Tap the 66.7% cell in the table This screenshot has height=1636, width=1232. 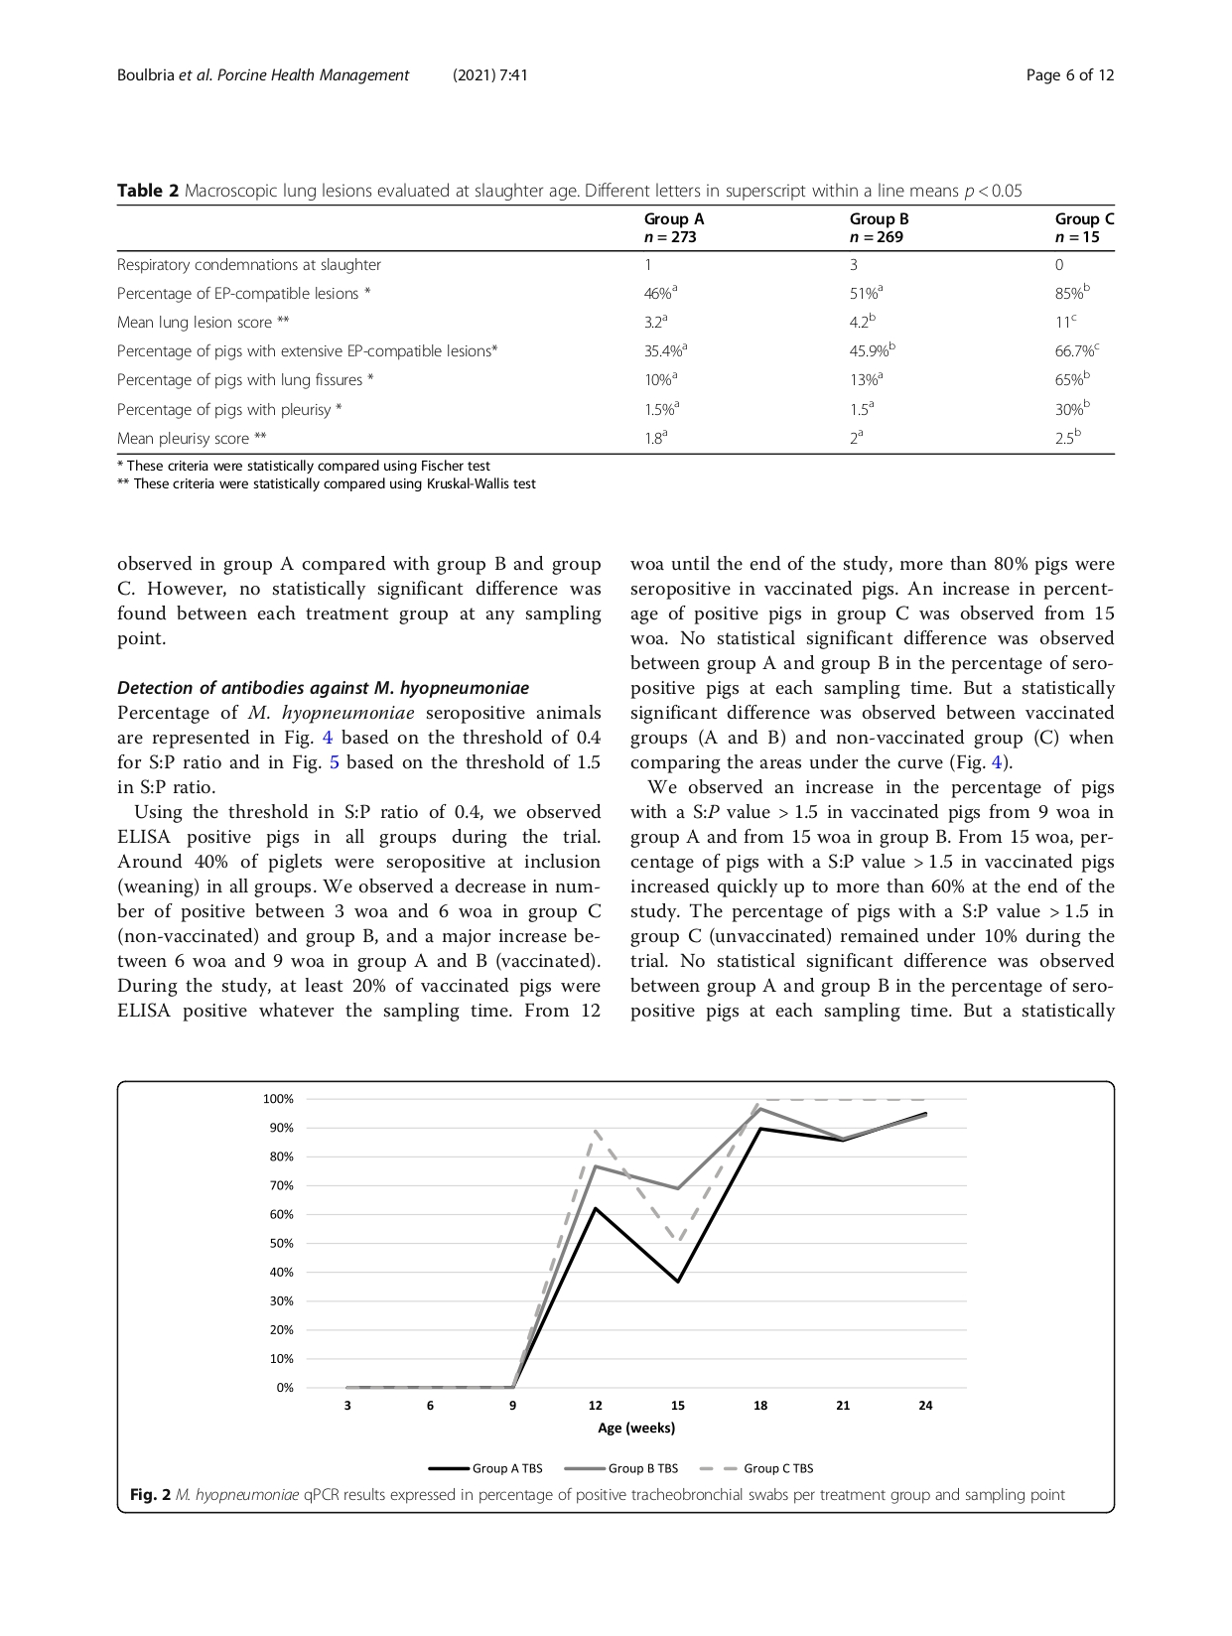1076,350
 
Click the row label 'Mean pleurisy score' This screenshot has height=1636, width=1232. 192,438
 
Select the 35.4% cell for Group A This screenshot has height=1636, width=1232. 665,350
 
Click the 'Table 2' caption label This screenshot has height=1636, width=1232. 148,191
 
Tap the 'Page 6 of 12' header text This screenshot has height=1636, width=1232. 1069,75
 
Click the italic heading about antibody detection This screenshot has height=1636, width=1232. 323,688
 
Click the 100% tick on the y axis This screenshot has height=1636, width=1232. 278,1099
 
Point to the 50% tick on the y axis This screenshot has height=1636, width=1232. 281,1243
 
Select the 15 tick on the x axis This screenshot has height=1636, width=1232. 678,1406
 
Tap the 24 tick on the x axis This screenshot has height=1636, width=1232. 925,1406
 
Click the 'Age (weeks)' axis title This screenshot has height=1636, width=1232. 636,1429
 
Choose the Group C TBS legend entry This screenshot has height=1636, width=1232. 757,1468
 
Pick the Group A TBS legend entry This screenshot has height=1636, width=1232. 486,1468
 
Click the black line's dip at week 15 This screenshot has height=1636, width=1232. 678,1282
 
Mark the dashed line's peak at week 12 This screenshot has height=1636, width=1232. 596,1131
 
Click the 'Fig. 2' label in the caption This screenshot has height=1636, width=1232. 151,1495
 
